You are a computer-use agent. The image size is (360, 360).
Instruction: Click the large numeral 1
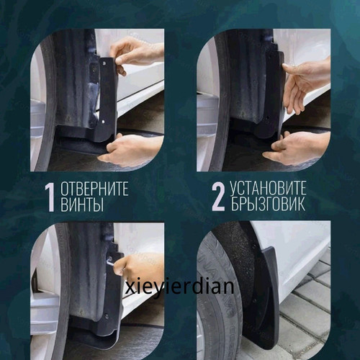click(x=50, y=198)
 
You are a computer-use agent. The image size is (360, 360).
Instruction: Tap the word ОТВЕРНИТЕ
click(x=94, y=189)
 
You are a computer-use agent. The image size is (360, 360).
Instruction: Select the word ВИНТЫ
click(x=82, y=204)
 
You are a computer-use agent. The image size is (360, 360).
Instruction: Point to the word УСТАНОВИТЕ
click(x=268, y=188)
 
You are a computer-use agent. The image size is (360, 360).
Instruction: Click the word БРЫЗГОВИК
click(x=268, y=204)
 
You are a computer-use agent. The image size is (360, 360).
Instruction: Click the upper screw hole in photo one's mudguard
click(x=104, y=63)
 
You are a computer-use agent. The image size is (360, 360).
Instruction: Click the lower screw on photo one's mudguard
click(x=103, y=122)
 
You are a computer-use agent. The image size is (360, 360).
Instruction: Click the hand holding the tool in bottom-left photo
click(x=138, y=269)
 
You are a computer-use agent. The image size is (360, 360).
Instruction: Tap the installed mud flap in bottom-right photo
click(x=269, y=297)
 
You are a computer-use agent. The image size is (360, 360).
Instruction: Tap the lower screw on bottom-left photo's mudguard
click(x=106, y=315)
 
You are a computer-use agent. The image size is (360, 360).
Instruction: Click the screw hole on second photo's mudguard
click(x=267, y=118)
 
